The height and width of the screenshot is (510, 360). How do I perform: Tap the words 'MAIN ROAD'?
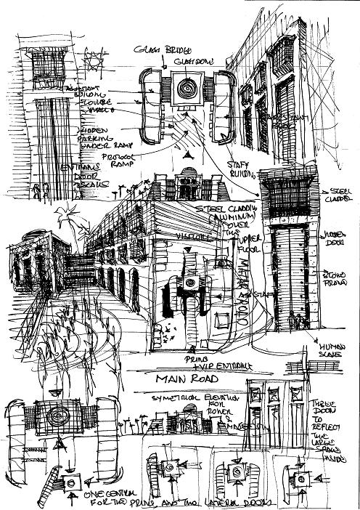[x=192, y=379]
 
